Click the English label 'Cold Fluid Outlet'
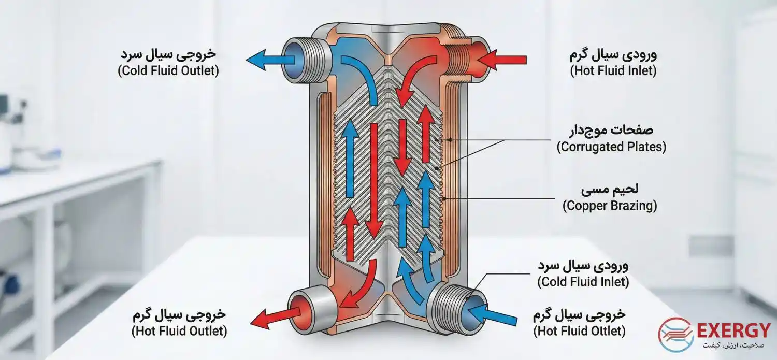click(x=168, y=71)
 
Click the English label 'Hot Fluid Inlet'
click(x=613, y=71)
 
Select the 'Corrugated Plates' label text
click(x=611, y=147)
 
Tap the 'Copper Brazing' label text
click(x=610, y=206)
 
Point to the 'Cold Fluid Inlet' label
click(x=583, y=282)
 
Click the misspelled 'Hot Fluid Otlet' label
click(x=579, y=330)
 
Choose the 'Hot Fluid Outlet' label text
click(x=179, y=330)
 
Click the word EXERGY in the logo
click(x=733, y=330)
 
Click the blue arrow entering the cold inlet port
click(x=492, y=314)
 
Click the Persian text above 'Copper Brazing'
click(x=604, y=191)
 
